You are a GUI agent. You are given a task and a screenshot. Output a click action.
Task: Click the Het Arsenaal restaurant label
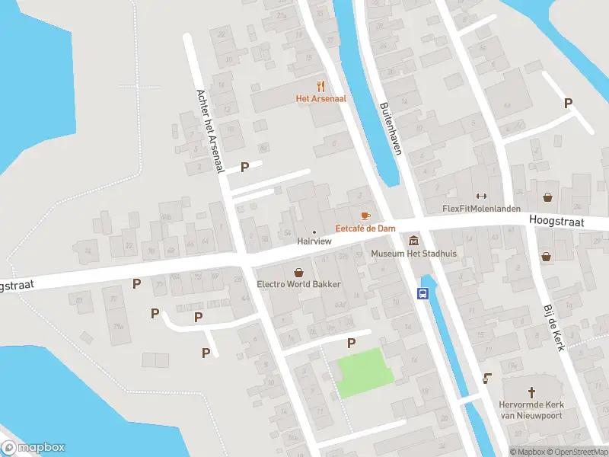[321, 98]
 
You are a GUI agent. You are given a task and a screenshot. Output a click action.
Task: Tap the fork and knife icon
[321, 86]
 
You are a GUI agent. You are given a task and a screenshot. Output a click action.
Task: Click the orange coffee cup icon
[365, 216]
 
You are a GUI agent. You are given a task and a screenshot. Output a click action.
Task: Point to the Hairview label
[314, 241]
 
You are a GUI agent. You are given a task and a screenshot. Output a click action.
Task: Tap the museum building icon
[413, 241]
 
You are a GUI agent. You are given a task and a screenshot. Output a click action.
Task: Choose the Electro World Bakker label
[299, 284]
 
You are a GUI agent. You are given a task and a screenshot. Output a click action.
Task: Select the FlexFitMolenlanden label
[480, 209]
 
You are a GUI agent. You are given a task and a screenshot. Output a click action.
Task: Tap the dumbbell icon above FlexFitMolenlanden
[480, 197]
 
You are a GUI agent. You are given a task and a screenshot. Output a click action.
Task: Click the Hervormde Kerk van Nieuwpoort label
[531, 409]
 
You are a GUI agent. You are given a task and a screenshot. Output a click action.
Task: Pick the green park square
[365, 371]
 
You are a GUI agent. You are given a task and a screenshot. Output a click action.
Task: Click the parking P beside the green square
[351, 344]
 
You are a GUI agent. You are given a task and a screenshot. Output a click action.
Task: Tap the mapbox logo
[33, 448]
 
